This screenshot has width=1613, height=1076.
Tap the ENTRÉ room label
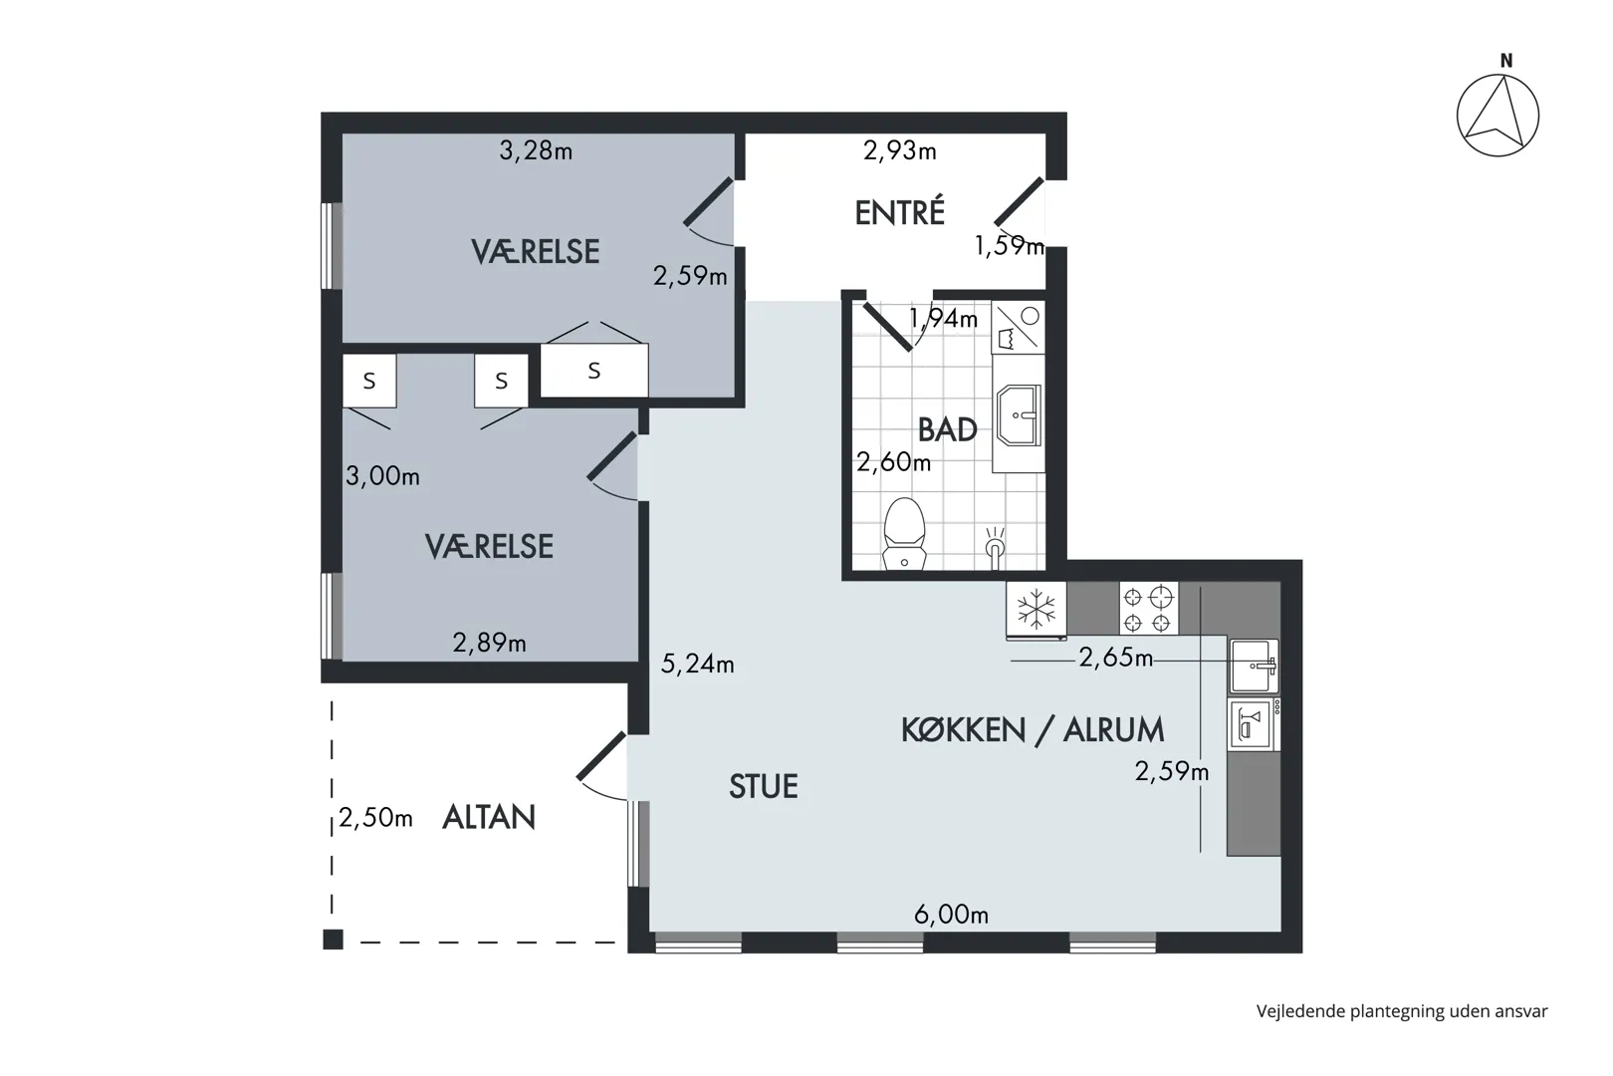coord(899,212)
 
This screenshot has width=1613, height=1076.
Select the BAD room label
coord(947,430)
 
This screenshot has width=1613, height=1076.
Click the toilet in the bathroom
coord(904,533)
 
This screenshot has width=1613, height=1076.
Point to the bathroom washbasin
coord(1019,415)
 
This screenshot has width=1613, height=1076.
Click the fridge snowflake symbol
coord(1037,609)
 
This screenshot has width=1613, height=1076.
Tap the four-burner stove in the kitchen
coord(1149,609)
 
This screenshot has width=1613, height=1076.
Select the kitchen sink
coord(1254,667)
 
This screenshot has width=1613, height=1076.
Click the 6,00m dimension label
coord(951,915)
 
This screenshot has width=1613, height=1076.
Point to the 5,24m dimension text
coord(697,664)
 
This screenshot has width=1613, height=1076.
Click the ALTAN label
coord(489,817)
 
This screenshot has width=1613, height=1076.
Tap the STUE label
coord(764,786)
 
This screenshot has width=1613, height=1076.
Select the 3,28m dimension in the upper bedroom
coord(536,150)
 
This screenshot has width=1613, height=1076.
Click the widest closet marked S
coord(594,371)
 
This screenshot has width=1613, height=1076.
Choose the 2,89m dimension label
coord(489,643)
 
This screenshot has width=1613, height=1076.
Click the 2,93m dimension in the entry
coord(899,150)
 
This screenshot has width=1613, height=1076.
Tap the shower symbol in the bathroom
coord(995,548)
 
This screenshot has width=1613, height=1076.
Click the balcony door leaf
coord(601,755)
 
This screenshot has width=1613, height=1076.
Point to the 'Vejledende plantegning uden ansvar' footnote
coord(1402,1011)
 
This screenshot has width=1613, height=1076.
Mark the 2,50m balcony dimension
coord(375,818)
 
